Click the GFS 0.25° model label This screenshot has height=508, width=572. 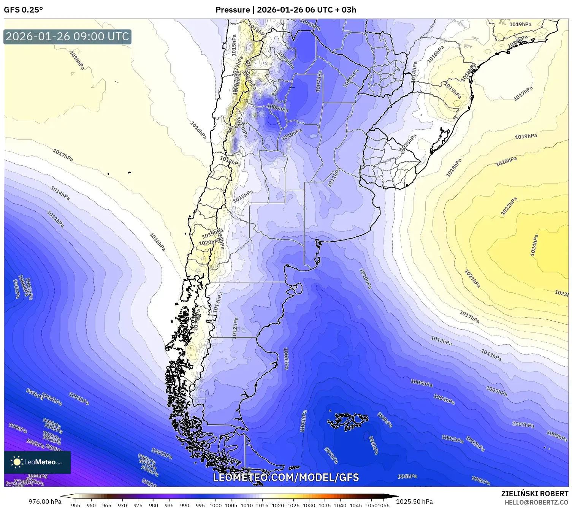23,10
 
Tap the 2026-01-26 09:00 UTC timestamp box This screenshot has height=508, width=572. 67,36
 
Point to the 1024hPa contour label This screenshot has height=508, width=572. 534,245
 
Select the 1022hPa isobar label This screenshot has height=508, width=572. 509,206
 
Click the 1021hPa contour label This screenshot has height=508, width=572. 472,279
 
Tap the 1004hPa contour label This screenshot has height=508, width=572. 444,399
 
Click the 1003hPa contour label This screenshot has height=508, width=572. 79,399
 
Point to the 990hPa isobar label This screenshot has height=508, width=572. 17,428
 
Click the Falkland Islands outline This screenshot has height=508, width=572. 348,420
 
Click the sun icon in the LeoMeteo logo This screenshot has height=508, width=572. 17,462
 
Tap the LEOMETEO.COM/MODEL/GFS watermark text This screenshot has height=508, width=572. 286,477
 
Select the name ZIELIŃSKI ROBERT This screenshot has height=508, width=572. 535,494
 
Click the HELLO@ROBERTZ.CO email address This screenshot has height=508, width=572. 536,502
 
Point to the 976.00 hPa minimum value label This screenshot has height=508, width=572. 45,501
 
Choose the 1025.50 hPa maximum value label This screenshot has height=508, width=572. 414,501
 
